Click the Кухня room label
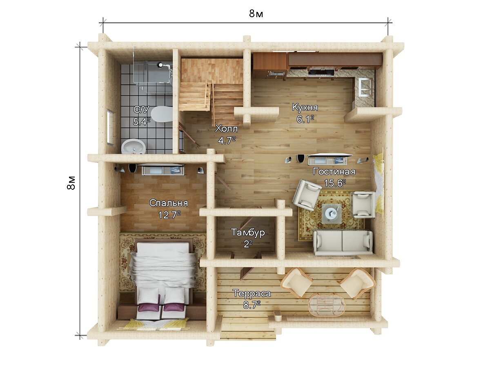305,108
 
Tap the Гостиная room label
334,172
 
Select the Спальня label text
169,203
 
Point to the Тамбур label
248,232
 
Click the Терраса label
252,293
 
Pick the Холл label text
226,129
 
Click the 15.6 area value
334,183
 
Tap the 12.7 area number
169,215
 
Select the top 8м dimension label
256,14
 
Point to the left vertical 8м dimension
71,183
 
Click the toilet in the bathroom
161,114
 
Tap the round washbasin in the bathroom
133,146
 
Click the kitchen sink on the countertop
365,88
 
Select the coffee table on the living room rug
331,213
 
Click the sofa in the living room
343,242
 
